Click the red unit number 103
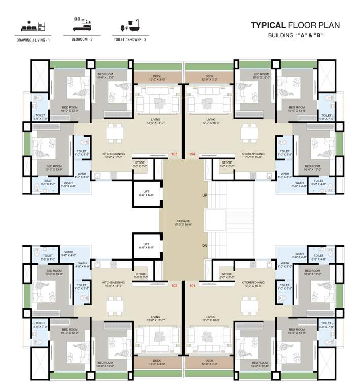coord(174,154)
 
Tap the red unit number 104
coord(192,154)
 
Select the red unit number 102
coord(174,286)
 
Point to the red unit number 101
coord(192,286)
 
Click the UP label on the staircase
coord(204,194)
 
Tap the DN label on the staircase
coord(204,245)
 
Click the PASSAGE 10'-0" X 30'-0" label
coord(183,224)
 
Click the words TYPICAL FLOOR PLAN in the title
coord(295,25)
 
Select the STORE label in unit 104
coord(226,164)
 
